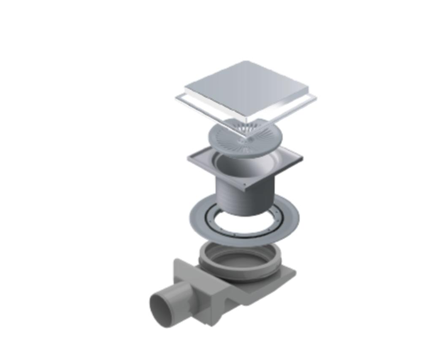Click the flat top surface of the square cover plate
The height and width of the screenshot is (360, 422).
pyautogui.click(x=247, y=86)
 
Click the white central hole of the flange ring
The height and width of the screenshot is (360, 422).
pyautogui.click(x=245, y=223)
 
